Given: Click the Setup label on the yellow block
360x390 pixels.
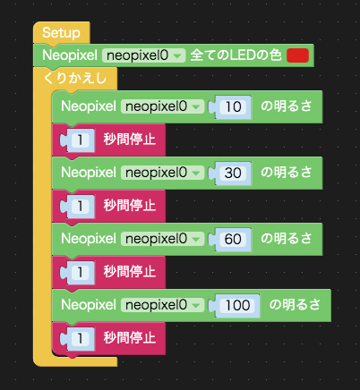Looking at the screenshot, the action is [61, 32].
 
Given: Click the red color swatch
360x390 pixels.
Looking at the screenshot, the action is [297, 55].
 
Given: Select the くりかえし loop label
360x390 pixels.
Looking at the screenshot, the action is [74, 78].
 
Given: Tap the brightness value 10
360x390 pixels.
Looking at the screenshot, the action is [233, 106].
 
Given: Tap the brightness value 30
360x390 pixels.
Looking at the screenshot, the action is [233, 173].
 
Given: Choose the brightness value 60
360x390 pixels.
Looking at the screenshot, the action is [233, 239].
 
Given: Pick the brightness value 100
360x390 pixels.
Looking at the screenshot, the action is [237, 305].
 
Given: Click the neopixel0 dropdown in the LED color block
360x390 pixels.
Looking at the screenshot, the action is [143, 55].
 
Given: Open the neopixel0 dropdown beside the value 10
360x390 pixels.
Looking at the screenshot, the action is [162, 106].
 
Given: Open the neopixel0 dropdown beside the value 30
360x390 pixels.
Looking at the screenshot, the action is [162, 173].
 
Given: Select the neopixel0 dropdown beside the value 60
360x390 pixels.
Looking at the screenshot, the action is [162, 239].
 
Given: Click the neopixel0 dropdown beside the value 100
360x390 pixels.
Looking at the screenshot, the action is [162, 305].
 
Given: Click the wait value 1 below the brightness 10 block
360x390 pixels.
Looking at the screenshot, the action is [80, 140].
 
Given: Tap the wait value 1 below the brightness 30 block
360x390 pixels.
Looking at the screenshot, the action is [80, 206].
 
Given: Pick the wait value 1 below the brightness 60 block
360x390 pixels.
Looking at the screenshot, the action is [80, 272].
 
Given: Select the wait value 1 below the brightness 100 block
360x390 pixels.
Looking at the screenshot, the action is [80, 338].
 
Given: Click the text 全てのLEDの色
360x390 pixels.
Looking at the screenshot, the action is [236, 55].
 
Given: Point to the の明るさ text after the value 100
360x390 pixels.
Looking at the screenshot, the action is [295, 305].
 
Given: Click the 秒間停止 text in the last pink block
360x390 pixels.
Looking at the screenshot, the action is [130, 338].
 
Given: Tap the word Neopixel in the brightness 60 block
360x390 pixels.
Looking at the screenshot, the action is [89, 239].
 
